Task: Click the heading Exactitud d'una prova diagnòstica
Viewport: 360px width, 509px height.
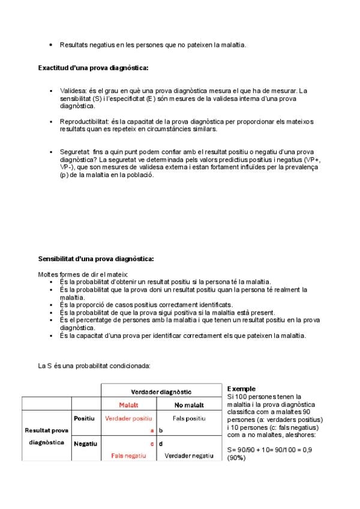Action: (93, 68)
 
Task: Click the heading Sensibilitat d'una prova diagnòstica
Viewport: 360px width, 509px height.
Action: (96, 259)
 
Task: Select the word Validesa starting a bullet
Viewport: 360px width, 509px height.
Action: (73, 90)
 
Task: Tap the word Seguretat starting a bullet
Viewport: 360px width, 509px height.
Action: (74, 152)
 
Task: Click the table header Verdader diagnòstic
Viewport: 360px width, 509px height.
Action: (161, 391)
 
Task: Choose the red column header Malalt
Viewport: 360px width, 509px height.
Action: (128, 405)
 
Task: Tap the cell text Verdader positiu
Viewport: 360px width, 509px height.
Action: (128, 418)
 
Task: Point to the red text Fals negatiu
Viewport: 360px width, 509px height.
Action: (128, 456)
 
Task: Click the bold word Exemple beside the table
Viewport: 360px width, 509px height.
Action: (241, 389)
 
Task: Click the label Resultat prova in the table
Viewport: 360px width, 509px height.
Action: (46, 430)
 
